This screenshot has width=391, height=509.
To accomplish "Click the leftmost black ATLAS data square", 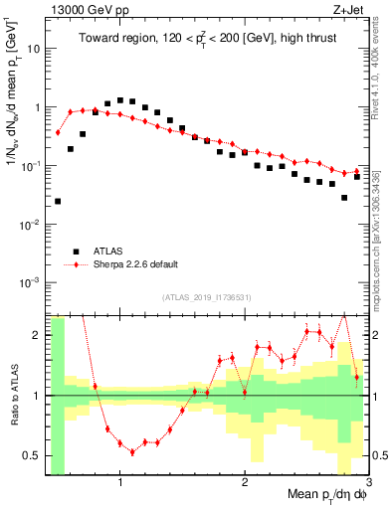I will click(58, 201).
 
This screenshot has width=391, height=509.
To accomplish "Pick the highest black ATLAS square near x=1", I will click(120, 99).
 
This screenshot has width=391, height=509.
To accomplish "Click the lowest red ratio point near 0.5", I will click(132, 451).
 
